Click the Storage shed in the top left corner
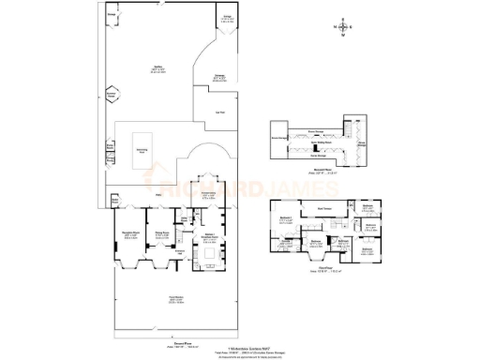pos(112,16)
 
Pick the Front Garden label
pos(174,299)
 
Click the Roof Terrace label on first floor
pos(324,208)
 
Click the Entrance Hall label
pos(180,251)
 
